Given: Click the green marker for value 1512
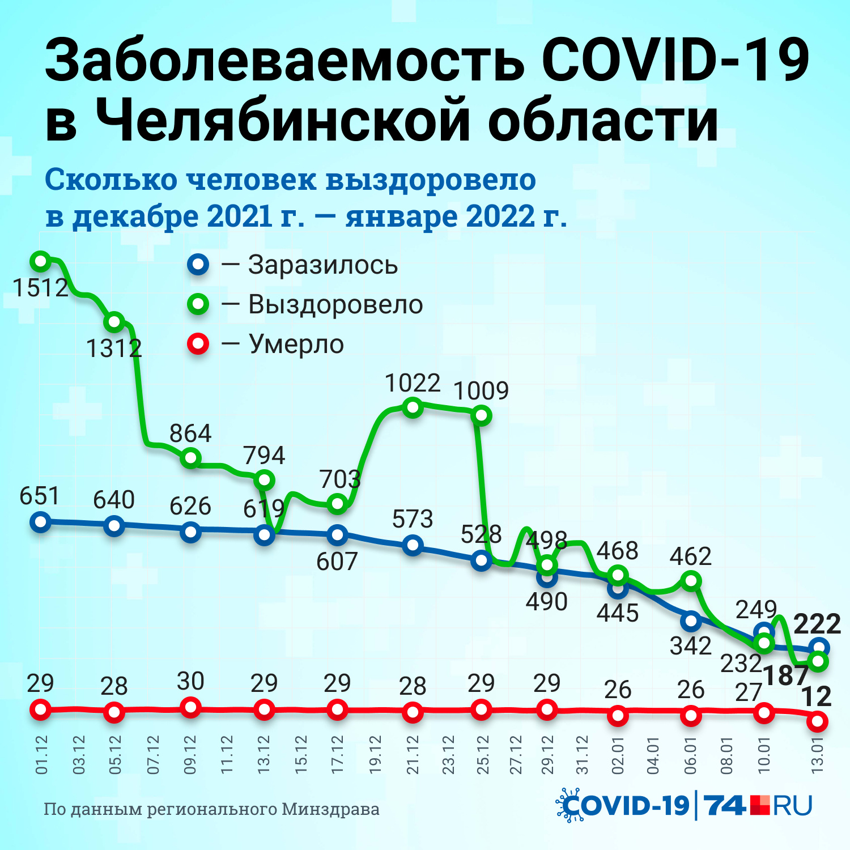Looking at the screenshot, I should click(40, 261).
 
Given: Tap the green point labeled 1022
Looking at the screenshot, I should click(413, 407).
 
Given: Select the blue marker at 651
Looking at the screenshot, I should click(40, 521).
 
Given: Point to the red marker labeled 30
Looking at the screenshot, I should click(190, 707).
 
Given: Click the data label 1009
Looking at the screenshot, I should click(481, 390).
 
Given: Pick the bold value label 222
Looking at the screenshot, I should click(817, 624).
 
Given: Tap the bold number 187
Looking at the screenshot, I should click(785, 675).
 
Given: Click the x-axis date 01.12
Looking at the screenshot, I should click(42, 755).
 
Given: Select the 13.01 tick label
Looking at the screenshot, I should click(817, 755).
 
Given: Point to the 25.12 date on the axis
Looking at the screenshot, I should click(482, 755).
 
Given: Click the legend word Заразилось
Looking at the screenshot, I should click(323, 265).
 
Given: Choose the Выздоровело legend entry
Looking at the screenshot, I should click(335, 305).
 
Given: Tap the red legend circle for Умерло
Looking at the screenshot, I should click(198, 344).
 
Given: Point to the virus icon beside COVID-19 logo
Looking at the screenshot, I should click(568, 805).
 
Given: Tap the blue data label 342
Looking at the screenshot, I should click(690, 646).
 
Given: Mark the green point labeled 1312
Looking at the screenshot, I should click(114, 322).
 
